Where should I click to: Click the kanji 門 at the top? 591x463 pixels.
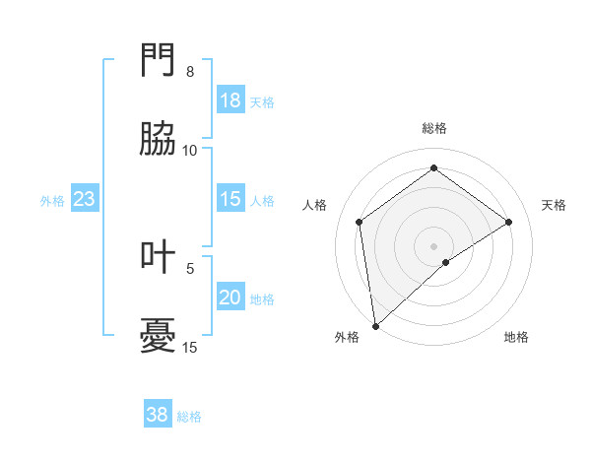click(159, 63)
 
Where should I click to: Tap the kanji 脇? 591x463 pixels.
click(159, 140)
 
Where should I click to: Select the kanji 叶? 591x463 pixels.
click(159, 258)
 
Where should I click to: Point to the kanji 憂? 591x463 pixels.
click(159, 337)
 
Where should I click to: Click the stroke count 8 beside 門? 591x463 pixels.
click(190, 72)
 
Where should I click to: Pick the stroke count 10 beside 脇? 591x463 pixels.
click(190, 150)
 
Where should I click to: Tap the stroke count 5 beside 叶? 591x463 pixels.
click(190, 268)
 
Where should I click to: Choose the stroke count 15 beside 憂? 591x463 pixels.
click(190, 347)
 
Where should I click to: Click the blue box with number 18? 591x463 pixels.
click(230, 100)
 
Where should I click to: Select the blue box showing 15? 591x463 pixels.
click(230, 200)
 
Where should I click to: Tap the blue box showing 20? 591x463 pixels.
click(230, 298)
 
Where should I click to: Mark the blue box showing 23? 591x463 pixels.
click(85, 200)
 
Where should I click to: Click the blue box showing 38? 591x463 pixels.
click(158, 415)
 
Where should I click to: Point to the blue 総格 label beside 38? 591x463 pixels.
click(189, 417)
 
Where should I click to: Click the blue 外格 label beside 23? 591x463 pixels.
click(52, 201)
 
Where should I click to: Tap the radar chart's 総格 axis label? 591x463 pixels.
click(433, 128)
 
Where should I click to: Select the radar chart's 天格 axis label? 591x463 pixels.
click(555, 205)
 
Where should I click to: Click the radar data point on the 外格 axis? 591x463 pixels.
click(375, 325)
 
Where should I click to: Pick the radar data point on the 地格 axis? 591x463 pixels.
click(446, 262)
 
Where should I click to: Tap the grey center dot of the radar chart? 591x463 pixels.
click(433, 244)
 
